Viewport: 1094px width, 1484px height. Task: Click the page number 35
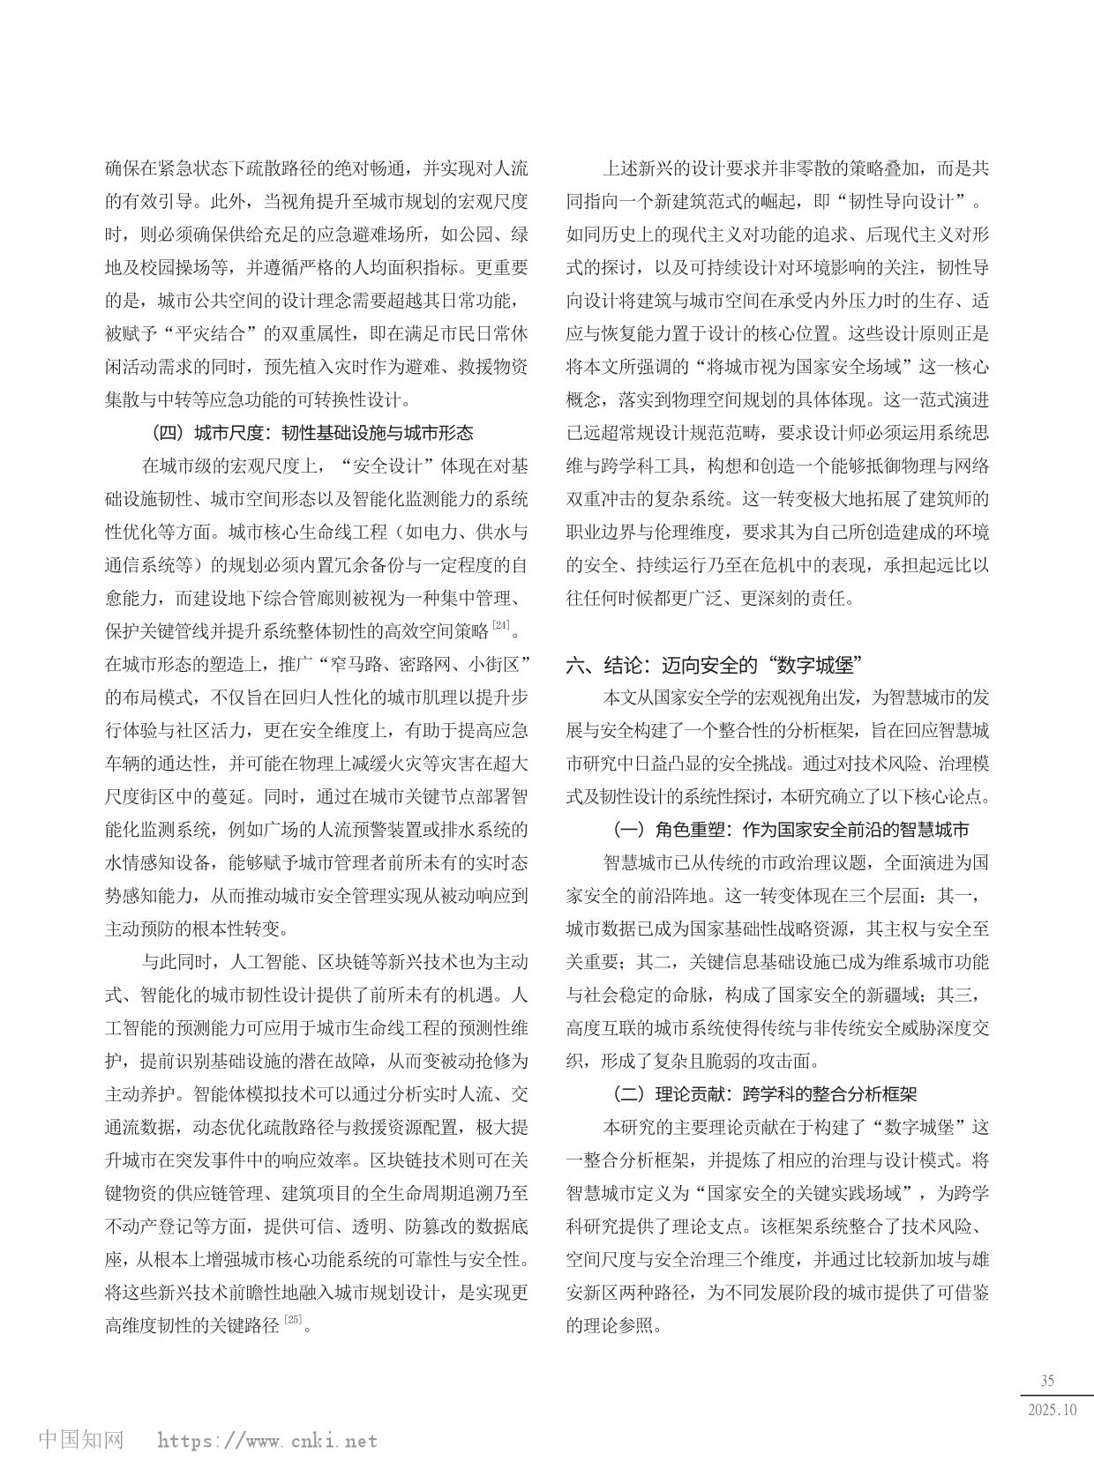point(1047,1381)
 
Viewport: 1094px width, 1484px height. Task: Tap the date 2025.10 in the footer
point(1053,1409)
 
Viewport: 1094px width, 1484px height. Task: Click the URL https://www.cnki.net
point(267,1441)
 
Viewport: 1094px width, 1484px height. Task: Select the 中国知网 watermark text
point(81,1440)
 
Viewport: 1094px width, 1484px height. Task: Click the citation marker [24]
point(501,626)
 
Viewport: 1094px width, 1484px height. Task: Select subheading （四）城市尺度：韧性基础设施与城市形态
point(313,432)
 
